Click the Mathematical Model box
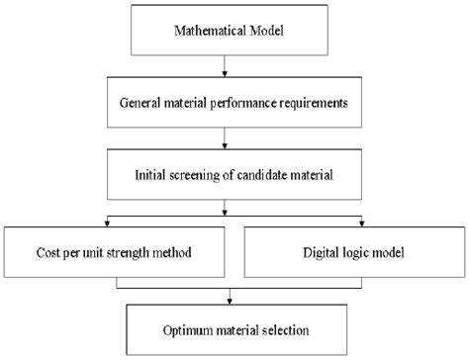[x=231, y=31]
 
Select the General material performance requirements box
[x=231, y=102]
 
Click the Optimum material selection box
[x=231, y=328]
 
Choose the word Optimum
[x=187, y=328]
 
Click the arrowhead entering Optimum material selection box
[x=231, y=301]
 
